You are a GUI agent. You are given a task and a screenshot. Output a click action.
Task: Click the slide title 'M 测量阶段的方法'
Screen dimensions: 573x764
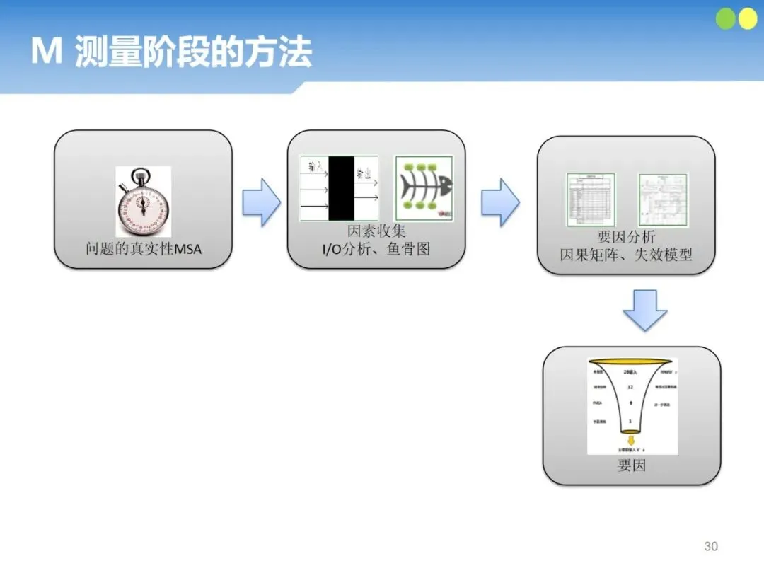tap(171, 54)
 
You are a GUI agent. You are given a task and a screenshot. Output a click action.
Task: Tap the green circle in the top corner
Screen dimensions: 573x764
tap(727, 19)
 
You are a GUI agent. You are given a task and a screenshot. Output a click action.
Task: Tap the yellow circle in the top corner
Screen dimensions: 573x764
tap(747, 19)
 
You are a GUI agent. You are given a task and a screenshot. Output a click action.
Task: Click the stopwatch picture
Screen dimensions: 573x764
tap(143, 202)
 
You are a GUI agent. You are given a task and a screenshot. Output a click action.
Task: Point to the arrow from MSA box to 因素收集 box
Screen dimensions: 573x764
tap(261, 202)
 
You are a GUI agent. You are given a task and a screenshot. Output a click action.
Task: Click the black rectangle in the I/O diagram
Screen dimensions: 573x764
tap(341, 188)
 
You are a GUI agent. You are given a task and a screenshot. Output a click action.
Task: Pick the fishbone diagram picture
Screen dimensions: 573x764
tap(422, 188)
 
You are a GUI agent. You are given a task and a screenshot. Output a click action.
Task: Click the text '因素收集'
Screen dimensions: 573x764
tap(376, 231)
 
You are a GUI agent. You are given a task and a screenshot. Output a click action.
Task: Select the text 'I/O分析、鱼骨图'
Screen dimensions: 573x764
tap(376, 249)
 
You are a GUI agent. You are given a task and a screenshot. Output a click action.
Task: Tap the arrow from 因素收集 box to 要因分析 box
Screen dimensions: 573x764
tap(500, 202)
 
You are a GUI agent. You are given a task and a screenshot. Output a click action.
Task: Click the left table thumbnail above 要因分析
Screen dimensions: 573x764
tap(590, 200)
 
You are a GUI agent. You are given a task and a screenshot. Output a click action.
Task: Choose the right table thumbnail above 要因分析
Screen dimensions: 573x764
tap(663, 200)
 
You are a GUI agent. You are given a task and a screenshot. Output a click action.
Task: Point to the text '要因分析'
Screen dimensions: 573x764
tap(626, 238)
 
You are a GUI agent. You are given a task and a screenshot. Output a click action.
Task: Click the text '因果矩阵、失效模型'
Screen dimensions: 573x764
tap(626, 255)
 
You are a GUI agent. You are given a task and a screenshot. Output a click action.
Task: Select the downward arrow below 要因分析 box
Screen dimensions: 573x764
tap(645, 309)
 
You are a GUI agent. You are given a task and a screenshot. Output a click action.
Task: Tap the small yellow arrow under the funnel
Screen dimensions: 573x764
tap(630, 440)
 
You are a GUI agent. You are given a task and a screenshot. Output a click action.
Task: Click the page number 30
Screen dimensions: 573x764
tap(711, 546)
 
